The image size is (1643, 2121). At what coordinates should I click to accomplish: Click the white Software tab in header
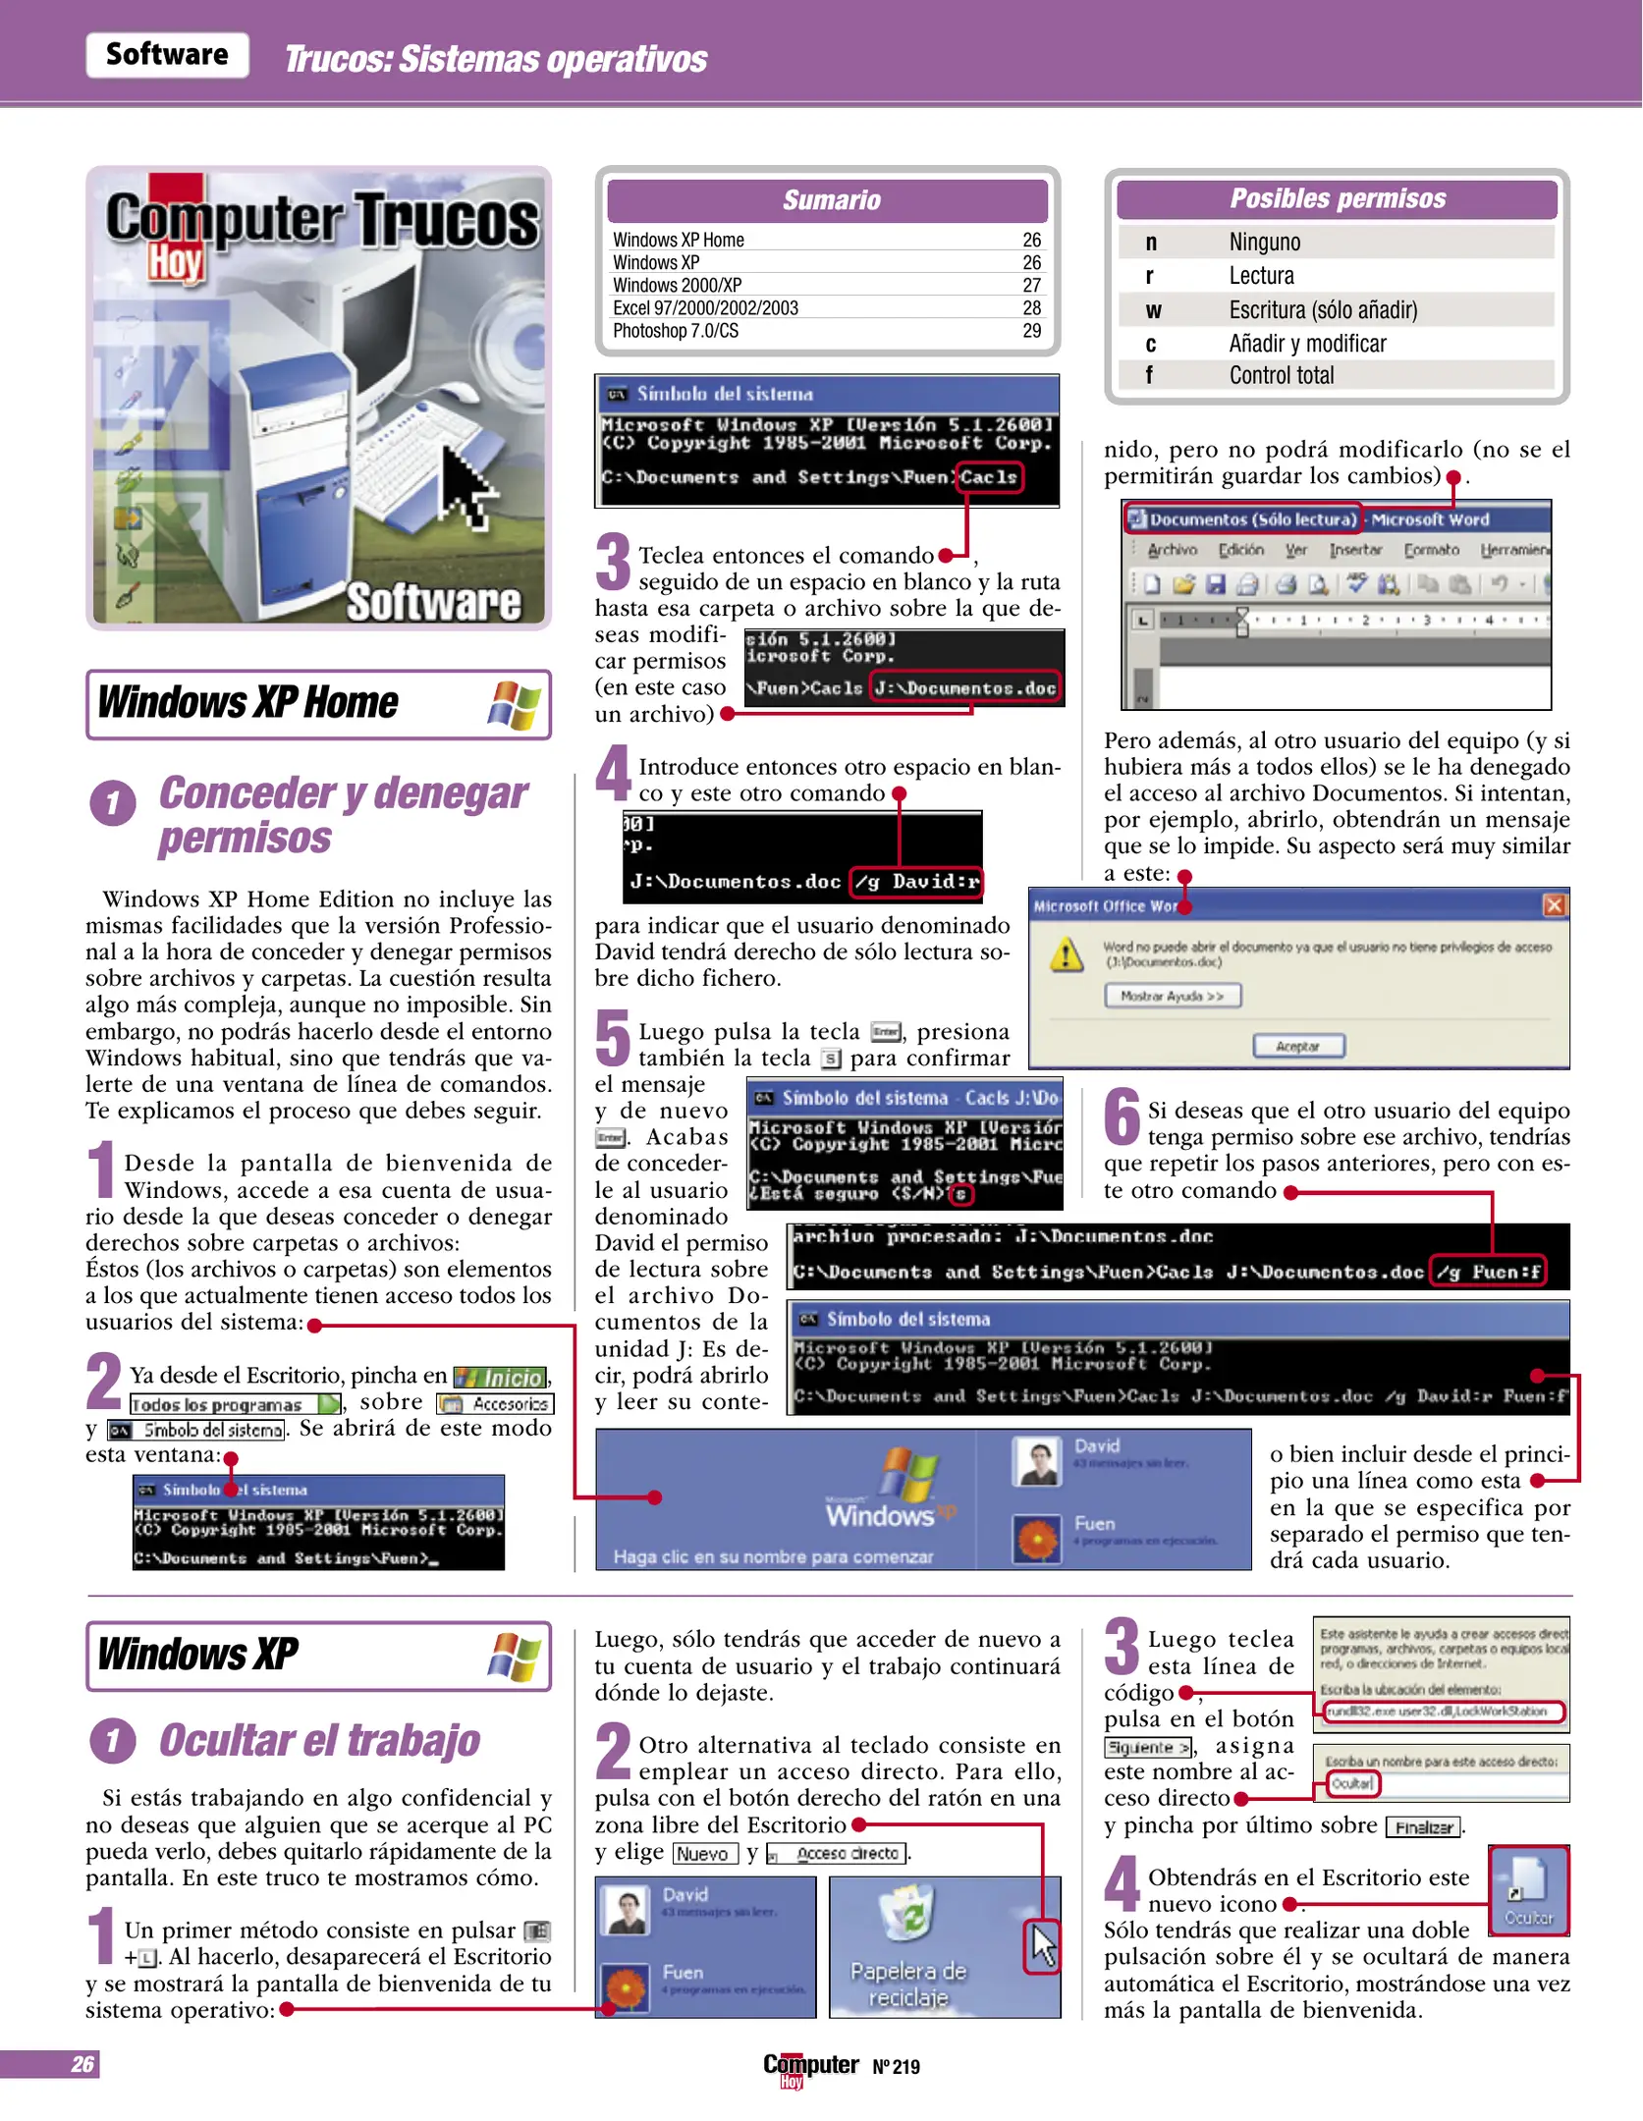click(x=167, y=55)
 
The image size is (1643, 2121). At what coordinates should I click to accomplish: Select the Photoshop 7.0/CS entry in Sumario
click(x=676, y=332)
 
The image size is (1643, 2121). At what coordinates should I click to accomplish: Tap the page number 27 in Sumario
click(x=1031, y=286)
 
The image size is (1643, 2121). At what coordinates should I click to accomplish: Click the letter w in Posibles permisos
click(x=1153, y=311)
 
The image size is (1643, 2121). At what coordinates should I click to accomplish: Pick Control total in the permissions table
click(x=1282, y=376)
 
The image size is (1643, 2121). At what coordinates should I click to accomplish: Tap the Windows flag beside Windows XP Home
click(x=515, y=705)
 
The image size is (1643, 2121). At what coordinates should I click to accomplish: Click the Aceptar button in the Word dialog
click(x=1298, y=1047)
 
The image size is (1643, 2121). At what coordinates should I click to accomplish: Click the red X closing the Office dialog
click(x=1555, y=905)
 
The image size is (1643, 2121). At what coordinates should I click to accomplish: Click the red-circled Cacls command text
click(x=989, y=478)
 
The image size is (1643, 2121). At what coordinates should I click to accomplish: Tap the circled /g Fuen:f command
click(x=1487, y=1273)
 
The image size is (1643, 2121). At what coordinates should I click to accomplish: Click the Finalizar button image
click(x=1424, y=1827)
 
